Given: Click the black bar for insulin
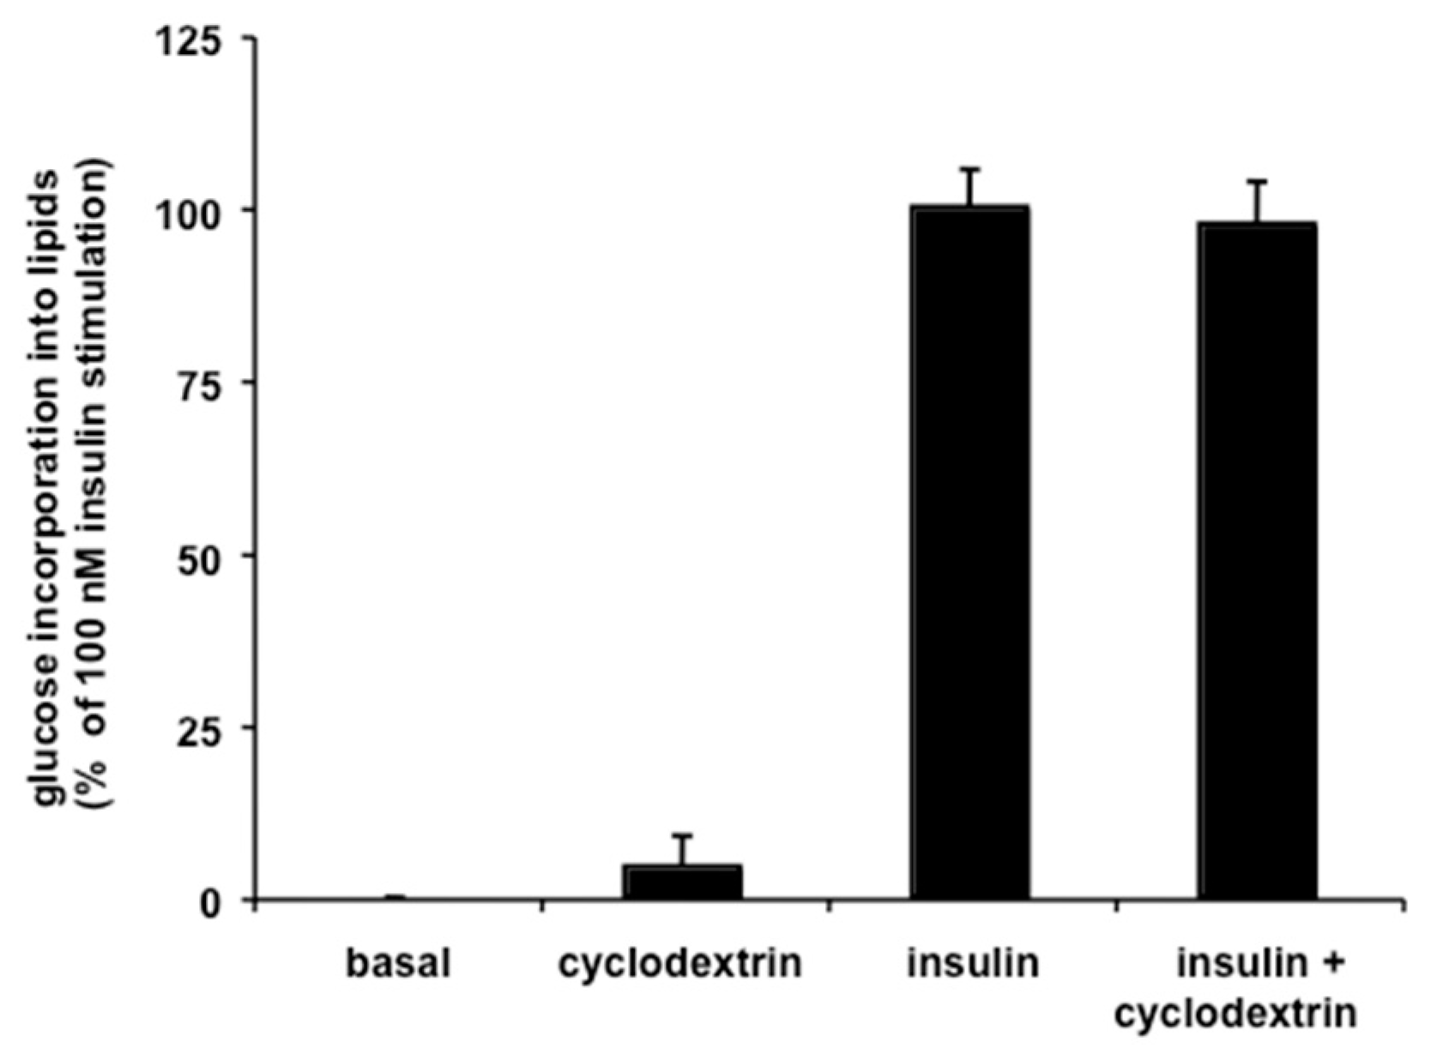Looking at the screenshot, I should [970, 553].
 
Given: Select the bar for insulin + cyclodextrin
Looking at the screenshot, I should [1258, 562].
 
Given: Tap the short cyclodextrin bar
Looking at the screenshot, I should [683, 883].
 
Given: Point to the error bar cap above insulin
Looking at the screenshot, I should [970, 169].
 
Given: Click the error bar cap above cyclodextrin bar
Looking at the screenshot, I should [683, 835].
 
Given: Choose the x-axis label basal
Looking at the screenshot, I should [398, 964].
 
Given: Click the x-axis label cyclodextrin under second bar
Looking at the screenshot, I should [680, 964].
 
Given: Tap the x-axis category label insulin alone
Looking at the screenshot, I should [974, 964].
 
